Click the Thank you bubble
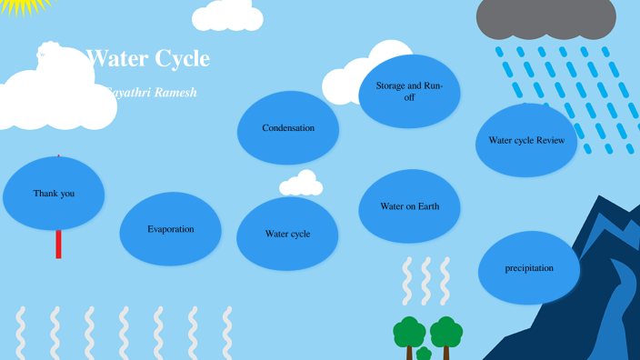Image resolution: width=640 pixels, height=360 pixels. (54, 193)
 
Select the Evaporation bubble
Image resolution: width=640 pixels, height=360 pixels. (171, 229)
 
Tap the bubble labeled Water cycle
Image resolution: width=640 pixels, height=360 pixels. (287, 234)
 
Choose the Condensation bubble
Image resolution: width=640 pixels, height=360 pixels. (288, 128)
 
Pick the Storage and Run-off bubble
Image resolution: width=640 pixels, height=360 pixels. (409, 91)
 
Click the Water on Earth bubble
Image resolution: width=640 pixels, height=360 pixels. (409, 206)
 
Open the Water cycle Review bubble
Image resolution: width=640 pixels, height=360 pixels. (526, 140)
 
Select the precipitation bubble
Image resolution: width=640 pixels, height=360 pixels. (529, 268)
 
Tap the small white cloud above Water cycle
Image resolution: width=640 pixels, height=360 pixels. (301, 185)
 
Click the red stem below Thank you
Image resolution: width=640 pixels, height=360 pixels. (59, 245)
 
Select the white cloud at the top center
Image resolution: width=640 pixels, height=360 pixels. (227, 15)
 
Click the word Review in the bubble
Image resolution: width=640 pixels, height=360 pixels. (550, 140)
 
